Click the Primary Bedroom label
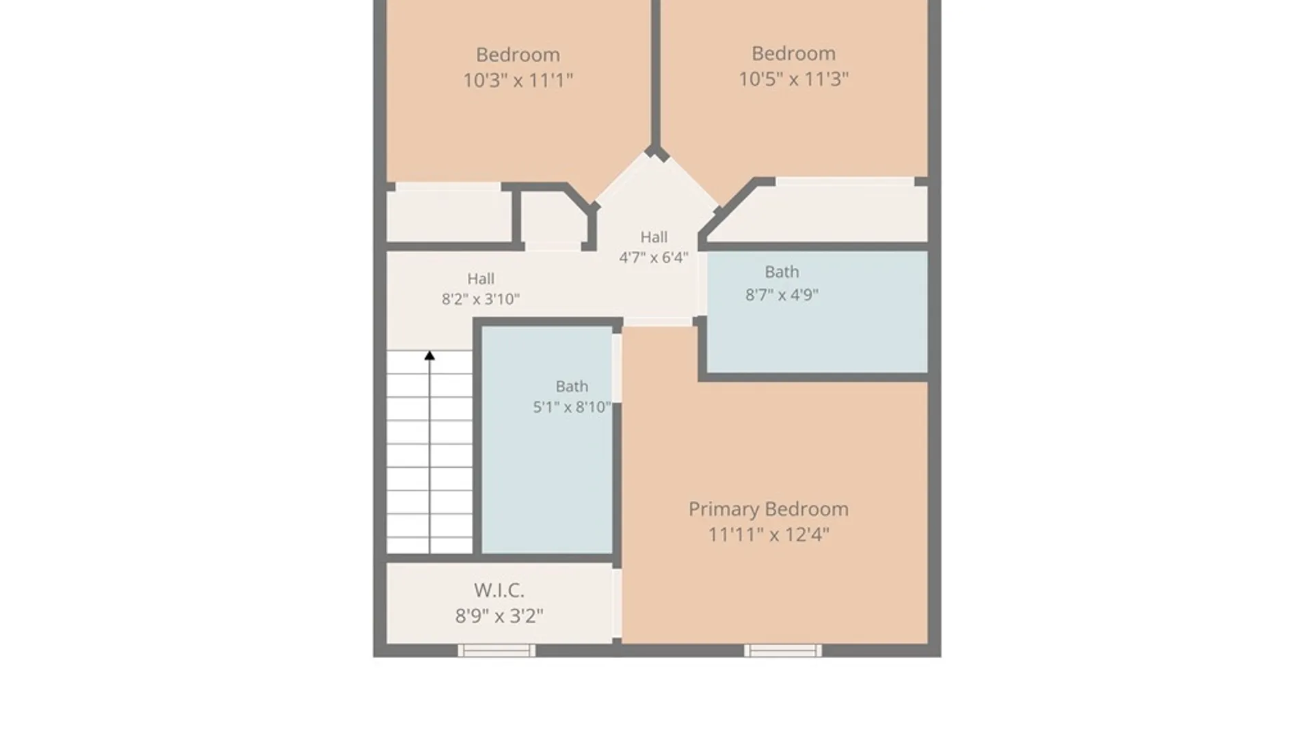tap(768, 510)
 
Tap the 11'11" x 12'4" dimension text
tap(768, 534)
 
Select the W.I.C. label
tap(499, 590)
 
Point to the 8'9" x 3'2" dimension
tap(499, 616)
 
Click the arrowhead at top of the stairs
tap(429, 355)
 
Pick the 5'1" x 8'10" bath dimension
tap(572, 407)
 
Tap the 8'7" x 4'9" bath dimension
tap(782, 295)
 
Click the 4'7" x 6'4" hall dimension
tap(654, 258)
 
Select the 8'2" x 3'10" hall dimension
tap(481, 299)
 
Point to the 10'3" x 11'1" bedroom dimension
tap(518, 81)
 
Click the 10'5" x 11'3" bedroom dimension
tap(793, 79)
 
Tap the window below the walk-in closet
tap(496, 651)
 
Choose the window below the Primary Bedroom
tap(783, 651)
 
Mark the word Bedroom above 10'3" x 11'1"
tap(518, 55)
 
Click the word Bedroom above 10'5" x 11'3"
tap(793, 53)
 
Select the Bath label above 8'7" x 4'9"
tap(782, 272)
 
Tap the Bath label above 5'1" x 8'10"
tap(572, 387)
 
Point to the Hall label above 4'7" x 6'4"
tap(654, 237)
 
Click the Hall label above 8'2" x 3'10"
tap(481, 279)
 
